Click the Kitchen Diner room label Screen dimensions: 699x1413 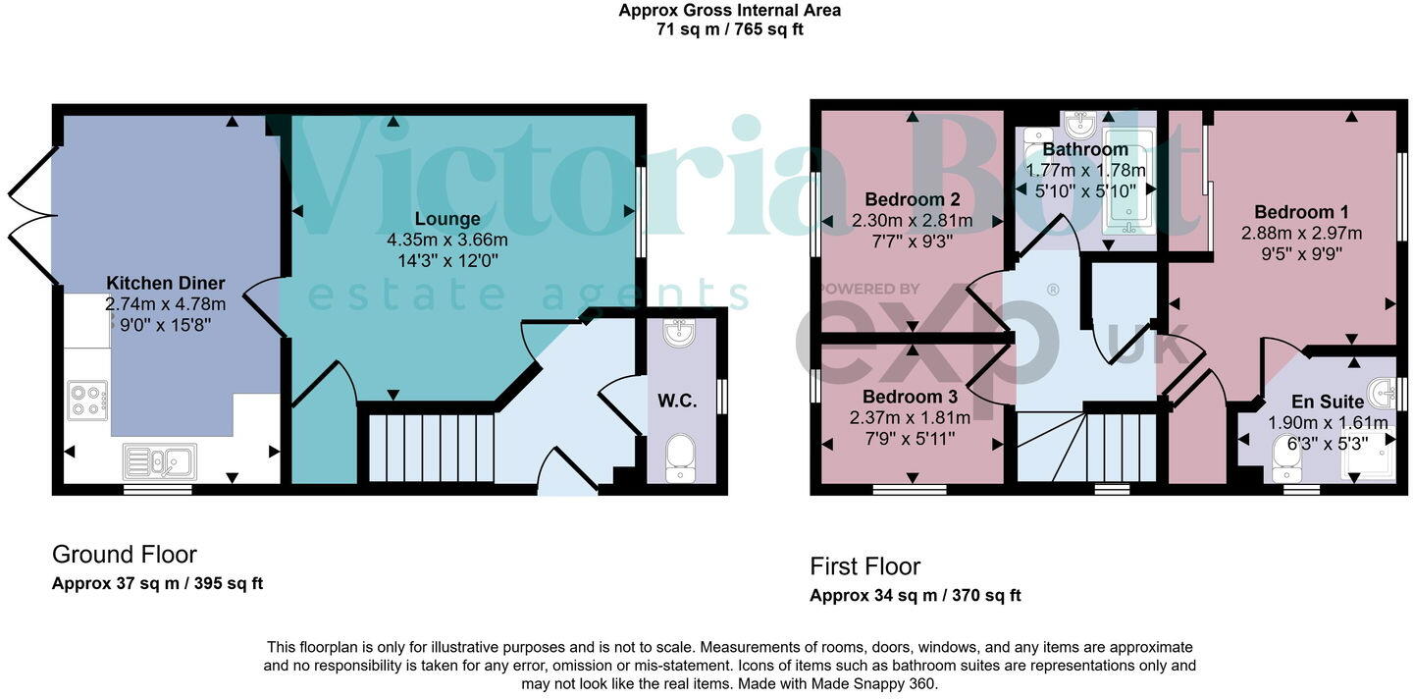166,283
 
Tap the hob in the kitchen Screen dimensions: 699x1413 87,401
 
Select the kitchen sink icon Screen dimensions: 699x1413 159,460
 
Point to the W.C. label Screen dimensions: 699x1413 677,401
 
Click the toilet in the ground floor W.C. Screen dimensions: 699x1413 680,458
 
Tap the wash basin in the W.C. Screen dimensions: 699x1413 680,334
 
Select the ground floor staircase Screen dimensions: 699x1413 431,448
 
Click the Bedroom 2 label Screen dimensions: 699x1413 912,199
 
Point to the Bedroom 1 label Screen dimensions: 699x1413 1301,211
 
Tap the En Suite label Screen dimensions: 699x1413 1327,402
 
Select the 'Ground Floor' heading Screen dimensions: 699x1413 125,555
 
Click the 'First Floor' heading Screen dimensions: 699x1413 864,566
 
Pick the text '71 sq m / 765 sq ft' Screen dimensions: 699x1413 729,29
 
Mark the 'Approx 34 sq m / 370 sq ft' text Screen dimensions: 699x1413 915,595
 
